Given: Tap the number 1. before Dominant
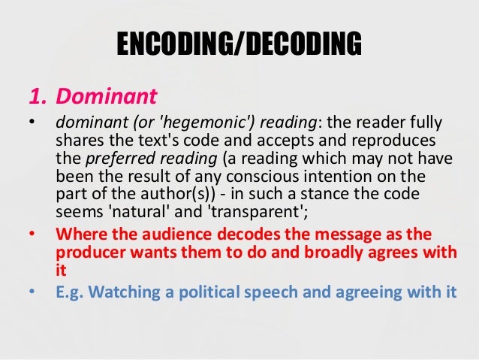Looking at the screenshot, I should [39, 96].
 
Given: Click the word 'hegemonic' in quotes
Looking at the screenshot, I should [186, 123].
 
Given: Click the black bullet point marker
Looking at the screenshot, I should [33, 123].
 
